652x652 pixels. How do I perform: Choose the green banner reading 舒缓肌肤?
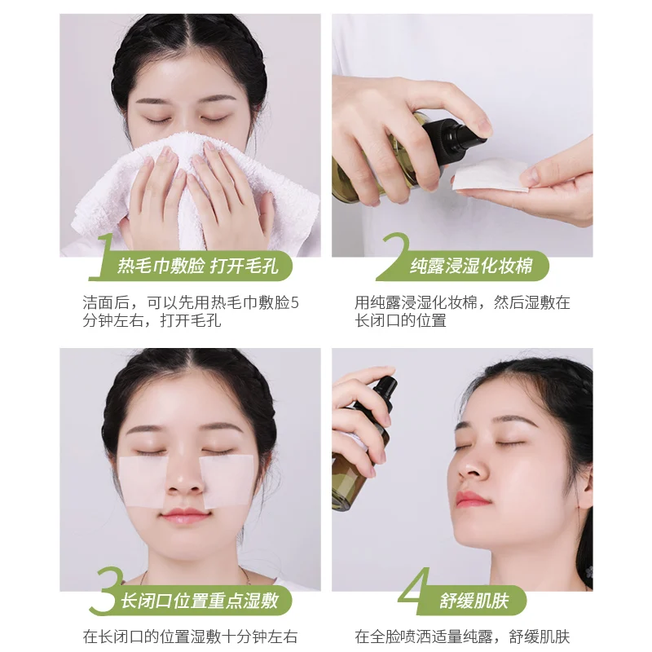[477, 601]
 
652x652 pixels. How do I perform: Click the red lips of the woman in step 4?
[471, 499]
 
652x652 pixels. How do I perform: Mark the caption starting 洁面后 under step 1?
[191, 311]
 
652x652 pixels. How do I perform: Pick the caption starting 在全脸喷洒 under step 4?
[461, 636]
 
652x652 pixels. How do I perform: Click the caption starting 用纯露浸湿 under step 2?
[461, 311]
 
